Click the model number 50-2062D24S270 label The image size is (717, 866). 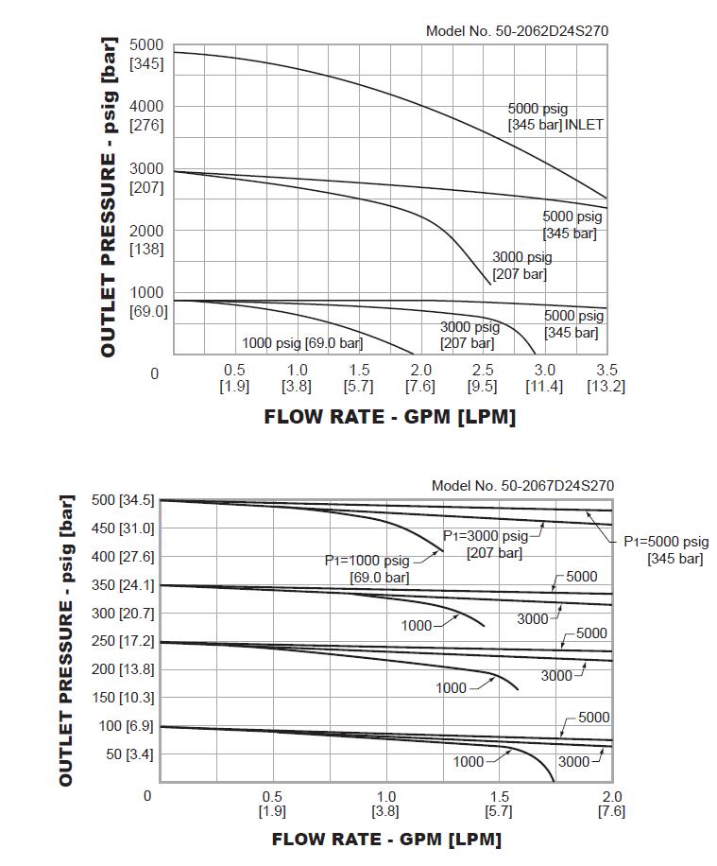(x=517, y=31)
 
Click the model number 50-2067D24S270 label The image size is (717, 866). (x=522, y=486)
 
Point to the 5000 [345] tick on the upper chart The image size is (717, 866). (x=146, y=55)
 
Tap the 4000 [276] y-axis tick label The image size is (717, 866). (x=146, y=115)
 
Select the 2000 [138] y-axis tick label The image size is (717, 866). (x=146, y=240)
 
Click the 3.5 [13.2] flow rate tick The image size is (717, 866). (x=606, y=378)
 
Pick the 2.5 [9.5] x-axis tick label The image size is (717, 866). (x=482, y=378)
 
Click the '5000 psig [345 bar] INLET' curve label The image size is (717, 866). (x=555, y=117)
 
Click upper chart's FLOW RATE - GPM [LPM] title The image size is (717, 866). (x=389, y=417)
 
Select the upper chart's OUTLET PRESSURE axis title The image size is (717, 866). (x=110, y=197)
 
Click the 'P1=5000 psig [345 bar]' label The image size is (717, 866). (x=665, y=550)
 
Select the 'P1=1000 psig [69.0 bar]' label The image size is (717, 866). (x=367, y=568)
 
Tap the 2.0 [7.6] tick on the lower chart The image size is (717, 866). (x=611, y=804)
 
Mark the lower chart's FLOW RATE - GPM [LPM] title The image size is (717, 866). (x=386, y=840)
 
